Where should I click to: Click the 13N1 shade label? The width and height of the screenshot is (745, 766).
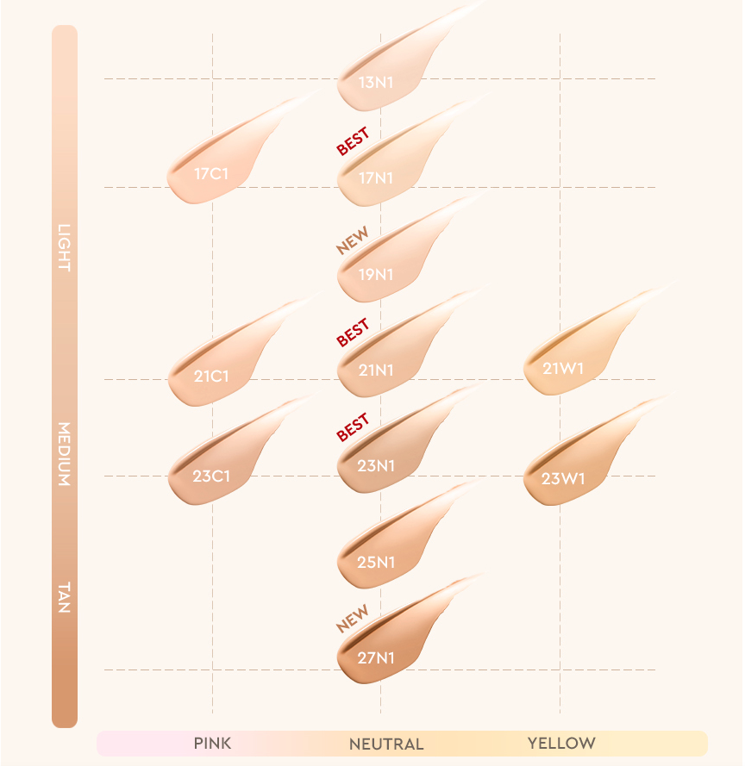(376, 84)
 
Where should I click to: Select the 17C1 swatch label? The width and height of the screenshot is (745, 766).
(211, 174)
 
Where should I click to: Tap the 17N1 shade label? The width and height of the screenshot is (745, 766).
(376, 178)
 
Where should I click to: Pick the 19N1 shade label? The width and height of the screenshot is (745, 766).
(376, 275)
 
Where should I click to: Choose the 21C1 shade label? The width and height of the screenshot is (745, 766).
(211, 377)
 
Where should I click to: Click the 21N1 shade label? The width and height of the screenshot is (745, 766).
(376, 371)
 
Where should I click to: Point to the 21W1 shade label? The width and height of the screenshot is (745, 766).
(563, 369)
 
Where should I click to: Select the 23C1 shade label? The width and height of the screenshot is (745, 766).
(211, 475)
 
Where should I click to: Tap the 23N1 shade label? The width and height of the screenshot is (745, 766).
(376, 466)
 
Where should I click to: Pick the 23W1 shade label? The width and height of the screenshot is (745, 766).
(563, 478)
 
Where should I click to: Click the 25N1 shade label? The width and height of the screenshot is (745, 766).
(376, 563)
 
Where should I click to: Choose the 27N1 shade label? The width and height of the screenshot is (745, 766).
(376, 658)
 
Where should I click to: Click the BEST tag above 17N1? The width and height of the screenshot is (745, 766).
(353, 141)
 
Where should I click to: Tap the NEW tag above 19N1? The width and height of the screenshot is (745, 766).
(353, 241)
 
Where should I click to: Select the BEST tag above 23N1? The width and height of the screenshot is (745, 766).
(353, 427)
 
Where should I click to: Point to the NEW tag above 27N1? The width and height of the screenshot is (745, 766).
(353, 618)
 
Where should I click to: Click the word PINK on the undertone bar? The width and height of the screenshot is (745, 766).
(212, 743)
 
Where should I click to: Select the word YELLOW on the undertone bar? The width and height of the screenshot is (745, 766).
(561, 743)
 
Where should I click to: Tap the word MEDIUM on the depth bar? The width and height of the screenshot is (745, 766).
(64, 454)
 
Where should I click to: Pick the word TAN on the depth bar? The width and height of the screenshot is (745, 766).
(64, 598)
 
